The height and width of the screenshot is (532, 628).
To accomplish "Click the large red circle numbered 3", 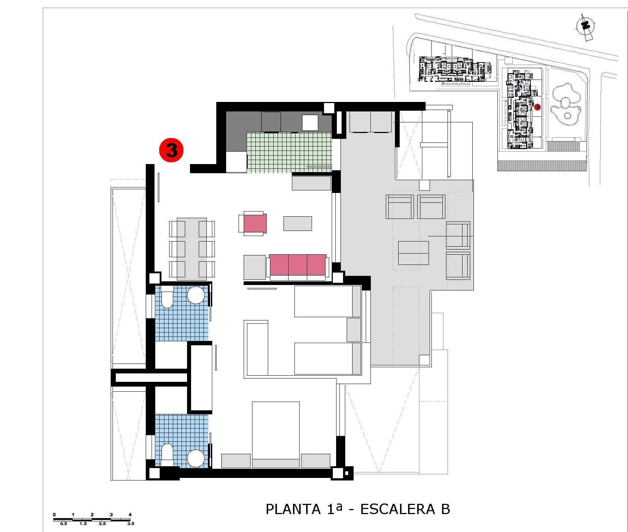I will coord(171,150).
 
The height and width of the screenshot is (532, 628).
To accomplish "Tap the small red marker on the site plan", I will coord(537,107).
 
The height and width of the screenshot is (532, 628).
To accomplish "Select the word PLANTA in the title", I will coord(293,509).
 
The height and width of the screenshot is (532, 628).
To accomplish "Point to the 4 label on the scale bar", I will coord(130,514).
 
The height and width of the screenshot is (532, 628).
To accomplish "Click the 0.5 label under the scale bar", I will coord(64,524).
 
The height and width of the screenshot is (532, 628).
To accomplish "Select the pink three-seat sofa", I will coord(298,265).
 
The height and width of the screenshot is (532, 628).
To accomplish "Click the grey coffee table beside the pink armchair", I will coord(298,223).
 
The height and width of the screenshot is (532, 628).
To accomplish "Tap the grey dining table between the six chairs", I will coord(192,248).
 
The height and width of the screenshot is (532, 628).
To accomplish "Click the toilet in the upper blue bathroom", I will coord(167,297).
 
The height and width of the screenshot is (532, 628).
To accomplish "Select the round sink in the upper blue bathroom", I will coord(195,294).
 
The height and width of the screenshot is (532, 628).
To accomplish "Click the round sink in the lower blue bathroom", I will coord(195,458).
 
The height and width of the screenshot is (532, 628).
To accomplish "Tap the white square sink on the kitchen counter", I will coord(310,123).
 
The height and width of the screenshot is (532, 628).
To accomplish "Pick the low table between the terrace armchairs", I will coord(413,252).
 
